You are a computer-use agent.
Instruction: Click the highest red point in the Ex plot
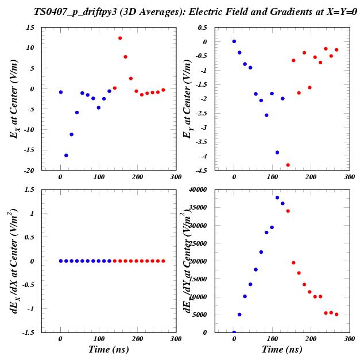coord(120,38)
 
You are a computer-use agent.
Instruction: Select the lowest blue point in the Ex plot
coord(66,155)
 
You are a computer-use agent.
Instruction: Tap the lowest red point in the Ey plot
coord(288,165)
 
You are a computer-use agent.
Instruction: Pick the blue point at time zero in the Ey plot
coord(234,41)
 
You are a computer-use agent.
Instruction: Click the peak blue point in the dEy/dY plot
coord(277,198)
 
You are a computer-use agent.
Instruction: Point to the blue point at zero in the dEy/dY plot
coord(234,332)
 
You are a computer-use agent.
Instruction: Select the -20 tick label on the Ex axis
coord(28,171)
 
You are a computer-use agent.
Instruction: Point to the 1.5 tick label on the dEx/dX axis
coord(29,189)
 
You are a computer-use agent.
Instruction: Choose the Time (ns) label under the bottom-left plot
coord(108,349)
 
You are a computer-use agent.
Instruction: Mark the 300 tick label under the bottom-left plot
coord(175,339)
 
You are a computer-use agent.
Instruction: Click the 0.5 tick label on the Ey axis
coord(202,28)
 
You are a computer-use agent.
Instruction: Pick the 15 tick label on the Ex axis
coord(29,28)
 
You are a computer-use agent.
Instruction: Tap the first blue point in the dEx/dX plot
coord(60,261)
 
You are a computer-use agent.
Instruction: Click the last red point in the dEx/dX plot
coord(163,261)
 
